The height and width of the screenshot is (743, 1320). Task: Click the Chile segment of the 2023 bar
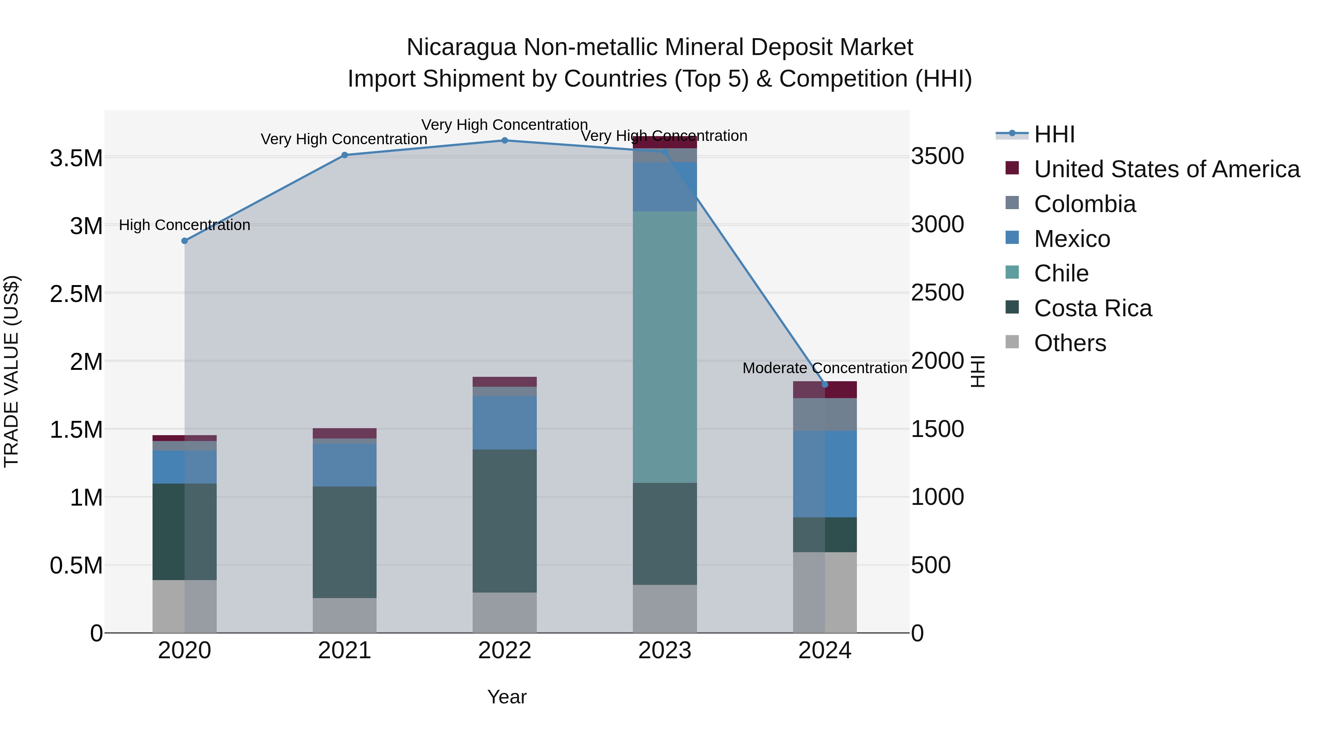pyautogui.click(x=665, y=347)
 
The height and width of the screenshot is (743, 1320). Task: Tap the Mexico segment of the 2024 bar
pyautogui.click(x=825, y=473)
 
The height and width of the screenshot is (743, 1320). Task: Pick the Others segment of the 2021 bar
pyautogui.click(x=344, y=615)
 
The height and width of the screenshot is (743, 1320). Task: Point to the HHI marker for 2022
pyautogui.click(x=504, y=141)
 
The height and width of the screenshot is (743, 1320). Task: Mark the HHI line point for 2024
pyautogui.click(x=825, y=385)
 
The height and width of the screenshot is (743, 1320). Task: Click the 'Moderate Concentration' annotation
pyautogui.click(x=825, y=368)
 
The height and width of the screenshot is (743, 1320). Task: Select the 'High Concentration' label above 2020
pyautogui.click(x=184, y=225)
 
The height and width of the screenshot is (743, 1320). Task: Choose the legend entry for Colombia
pyautogui.click(x=1084, y=204)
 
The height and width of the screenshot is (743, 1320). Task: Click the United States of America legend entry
pyautogui.click(x=1166, y=169)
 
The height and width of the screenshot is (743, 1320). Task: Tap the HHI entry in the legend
pyautogui.click(x=1054, y=134)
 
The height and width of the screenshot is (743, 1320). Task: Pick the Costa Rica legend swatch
pyautogui.click(x=1012, y=308)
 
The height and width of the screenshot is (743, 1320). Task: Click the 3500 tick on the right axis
pyautogui.click(x=937, y=156)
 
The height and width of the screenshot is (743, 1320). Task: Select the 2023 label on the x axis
pyautogui.click(x=665, y=651)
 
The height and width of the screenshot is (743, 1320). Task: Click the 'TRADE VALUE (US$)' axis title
pyautogui.click(x=11, y=371)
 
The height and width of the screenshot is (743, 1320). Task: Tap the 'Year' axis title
pyautogui.click(x=507, y=697)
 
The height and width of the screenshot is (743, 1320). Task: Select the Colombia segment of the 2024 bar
pyautogui.click(x=825, y=414)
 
